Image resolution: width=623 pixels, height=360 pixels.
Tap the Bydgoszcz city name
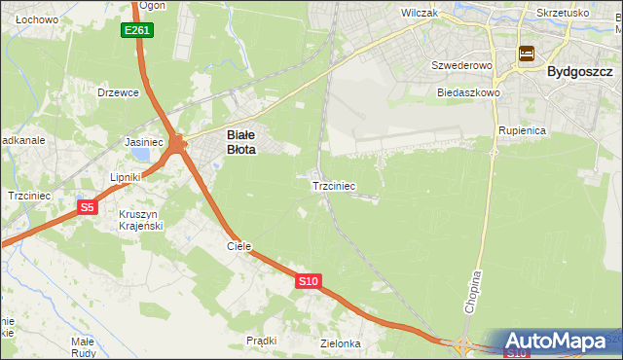(x=580, y=71)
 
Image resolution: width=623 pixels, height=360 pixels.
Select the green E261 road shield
(x=136, y=31)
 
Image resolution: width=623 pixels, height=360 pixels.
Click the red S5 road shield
(x=87, y=207)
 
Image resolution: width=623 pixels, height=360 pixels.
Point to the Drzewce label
(x=119, y=92)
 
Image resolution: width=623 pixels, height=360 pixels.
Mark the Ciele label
(x=239, y=246)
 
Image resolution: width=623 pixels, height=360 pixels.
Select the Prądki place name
(x=262, y=341)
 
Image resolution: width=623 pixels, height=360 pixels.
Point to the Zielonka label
(x=341, y=343)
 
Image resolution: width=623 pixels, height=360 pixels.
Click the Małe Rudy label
(x=83, y=346)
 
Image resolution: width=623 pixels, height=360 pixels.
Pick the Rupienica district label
(x=521, y=129)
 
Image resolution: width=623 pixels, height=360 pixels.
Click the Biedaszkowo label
(x=468, y=92)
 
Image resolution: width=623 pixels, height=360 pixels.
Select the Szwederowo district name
(x=458, y=65)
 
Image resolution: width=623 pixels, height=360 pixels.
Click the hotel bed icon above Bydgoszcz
(x=527, y=54)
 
